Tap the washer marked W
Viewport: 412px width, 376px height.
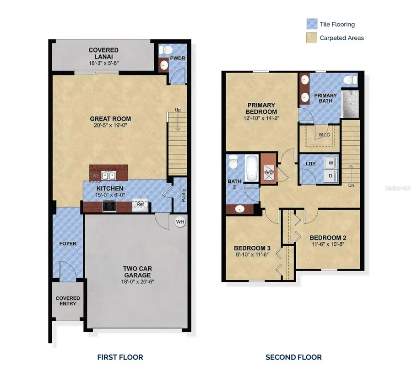(x=331, y=162)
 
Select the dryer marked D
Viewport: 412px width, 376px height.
(x=331, y=175)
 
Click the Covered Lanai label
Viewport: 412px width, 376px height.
(x=103, y=53)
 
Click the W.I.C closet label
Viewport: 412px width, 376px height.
(x=324, y=134)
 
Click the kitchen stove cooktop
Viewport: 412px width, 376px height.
(x=110, y=207)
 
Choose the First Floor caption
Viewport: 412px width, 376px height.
(x=120, y=357)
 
